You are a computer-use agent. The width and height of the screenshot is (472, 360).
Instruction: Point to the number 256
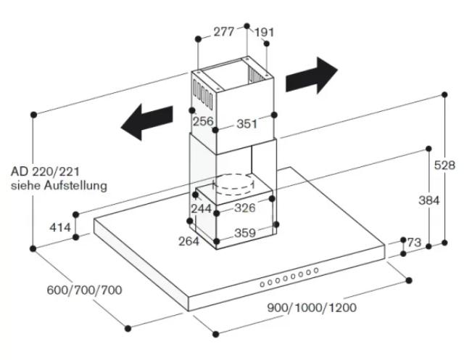pos(203,121)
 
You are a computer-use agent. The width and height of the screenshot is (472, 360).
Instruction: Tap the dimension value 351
pos(247,124)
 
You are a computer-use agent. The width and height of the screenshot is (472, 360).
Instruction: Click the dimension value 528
pos(444,165)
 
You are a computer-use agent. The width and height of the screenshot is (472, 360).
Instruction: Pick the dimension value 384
pos(429,200)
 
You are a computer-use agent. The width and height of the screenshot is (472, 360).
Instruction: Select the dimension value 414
pos(61,228)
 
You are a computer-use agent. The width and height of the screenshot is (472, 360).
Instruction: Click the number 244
pos(201,209)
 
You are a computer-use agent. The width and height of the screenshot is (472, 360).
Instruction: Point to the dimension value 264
pos(188,241)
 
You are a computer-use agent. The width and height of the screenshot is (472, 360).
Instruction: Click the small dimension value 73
pos(414,242)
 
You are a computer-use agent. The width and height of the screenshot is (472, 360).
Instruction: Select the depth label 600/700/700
pos(84,290)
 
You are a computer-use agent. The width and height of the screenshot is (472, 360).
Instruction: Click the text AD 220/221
pos(45,172)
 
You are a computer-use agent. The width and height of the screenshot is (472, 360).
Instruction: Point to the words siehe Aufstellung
pos(59,186)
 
